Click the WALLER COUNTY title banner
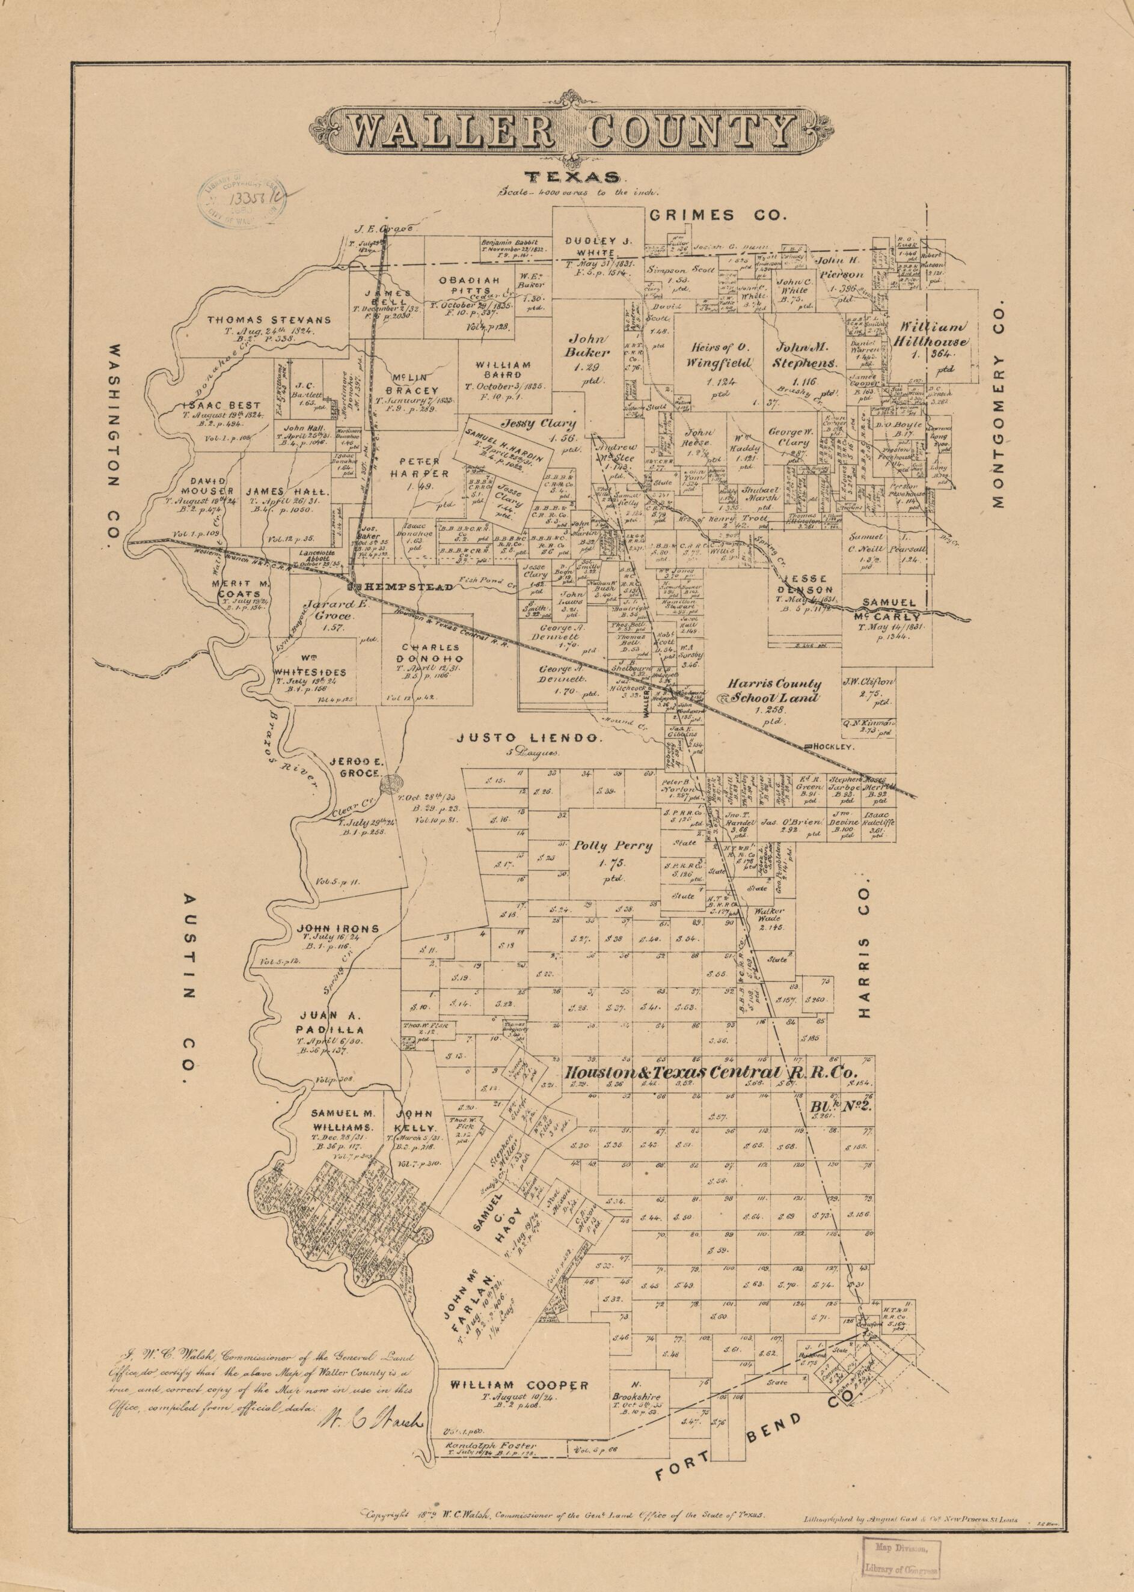click(567, 129)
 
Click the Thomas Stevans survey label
click(269, 320)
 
